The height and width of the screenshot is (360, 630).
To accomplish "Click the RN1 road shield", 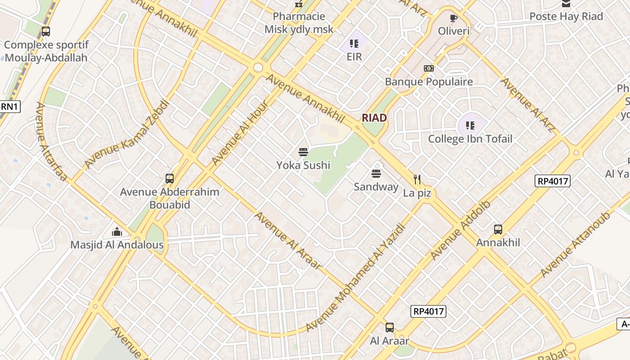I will (9, 107).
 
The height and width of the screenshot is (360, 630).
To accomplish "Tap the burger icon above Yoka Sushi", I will (303, 152).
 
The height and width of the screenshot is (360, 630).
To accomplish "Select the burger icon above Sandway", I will (376, 174).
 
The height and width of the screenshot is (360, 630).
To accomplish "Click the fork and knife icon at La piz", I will (417, 180).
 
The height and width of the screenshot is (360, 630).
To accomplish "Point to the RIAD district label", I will (374, 118).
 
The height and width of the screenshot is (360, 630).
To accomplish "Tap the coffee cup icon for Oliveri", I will (454, 18).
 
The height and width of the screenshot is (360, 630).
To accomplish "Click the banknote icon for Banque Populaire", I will (428, 68).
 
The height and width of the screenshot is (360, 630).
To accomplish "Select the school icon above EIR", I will (354, 44).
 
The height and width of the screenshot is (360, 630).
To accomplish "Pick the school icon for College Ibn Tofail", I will (470, 126).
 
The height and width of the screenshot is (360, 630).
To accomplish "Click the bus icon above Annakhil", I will (498, 229).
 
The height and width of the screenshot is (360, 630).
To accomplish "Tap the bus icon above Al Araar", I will (390, 328).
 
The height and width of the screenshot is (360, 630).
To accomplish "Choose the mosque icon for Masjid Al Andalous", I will (117, 232).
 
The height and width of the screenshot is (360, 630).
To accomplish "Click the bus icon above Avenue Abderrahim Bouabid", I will (169, 179).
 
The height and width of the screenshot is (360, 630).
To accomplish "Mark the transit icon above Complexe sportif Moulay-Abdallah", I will (45, 31).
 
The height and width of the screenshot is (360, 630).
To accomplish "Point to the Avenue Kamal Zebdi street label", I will (127, 134).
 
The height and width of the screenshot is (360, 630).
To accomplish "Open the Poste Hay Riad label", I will (566, 17).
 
